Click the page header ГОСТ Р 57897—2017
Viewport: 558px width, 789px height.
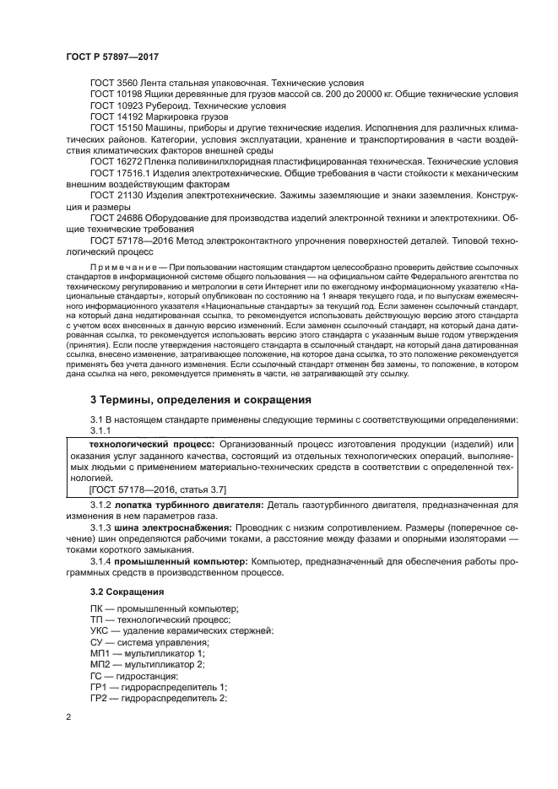pyautogui.click(x=111, y=57)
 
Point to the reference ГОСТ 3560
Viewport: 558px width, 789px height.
pyautogui.click(x=114, y=84)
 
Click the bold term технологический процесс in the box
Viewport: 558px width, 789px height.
pyautogui.click(x=151, y=444)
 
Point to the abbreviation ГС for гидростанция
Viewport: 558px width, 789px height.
pyautogui.click(x=96, y=676)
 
